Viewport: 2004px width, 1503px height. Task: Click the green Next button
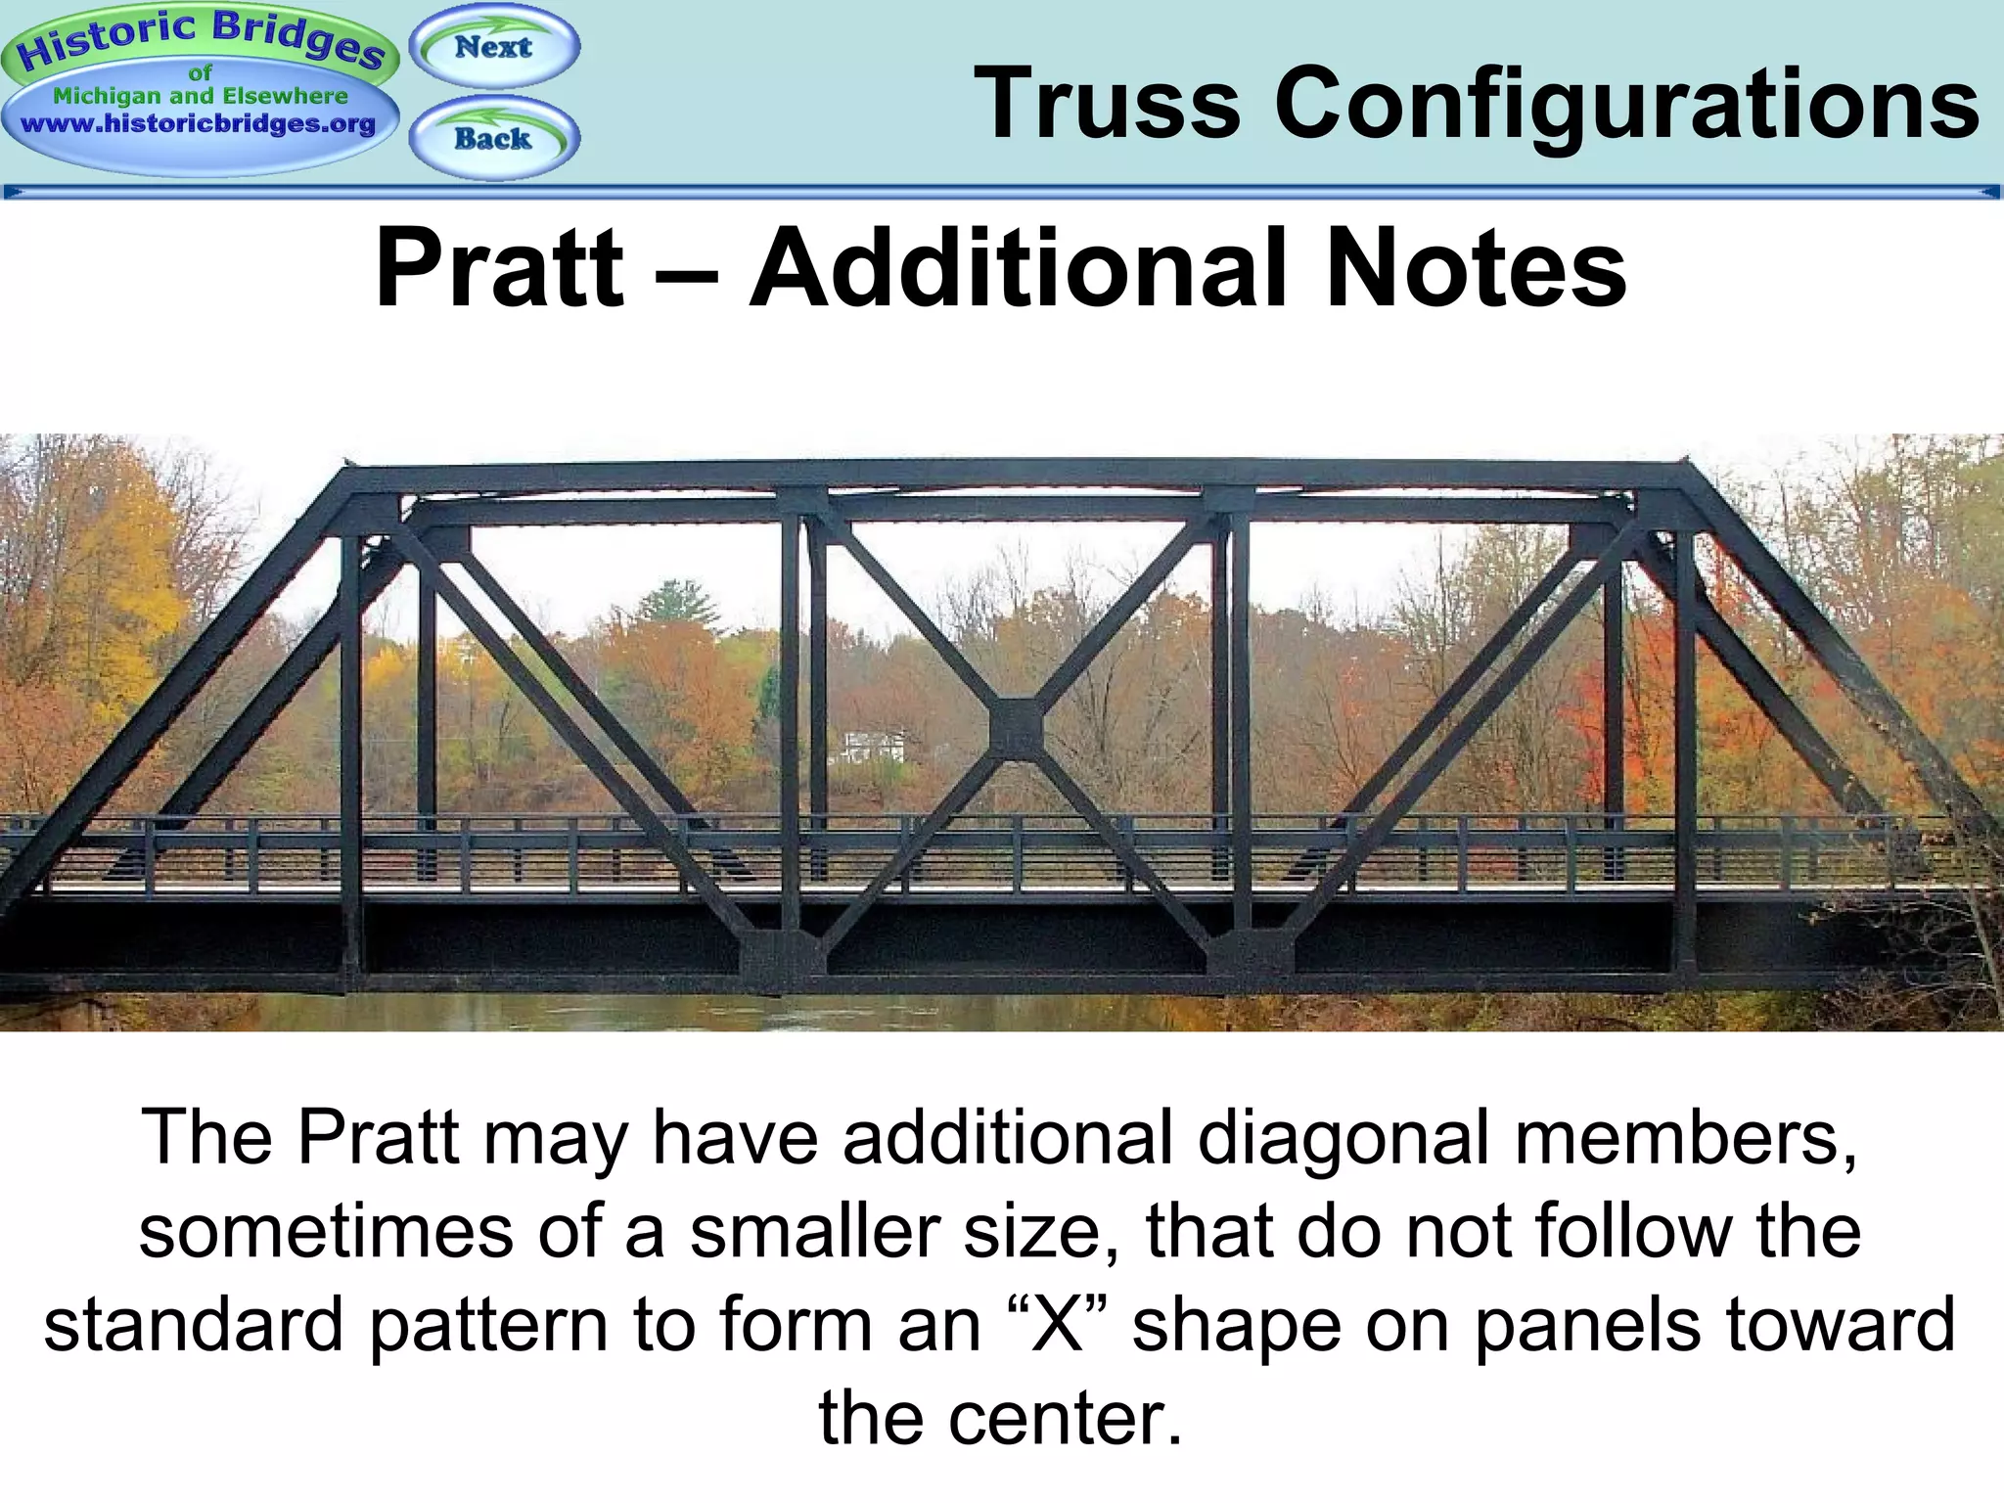[494, 46]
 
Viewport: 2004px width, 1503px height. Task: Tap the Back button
[494, 138]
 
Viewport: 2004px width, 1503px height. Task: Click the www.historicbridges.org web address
[199, 124]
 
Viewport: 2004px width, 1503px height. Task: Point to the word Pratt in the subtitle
[499, 267]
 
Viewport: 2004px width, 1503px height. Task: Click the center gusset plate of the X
[1016, 729]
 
